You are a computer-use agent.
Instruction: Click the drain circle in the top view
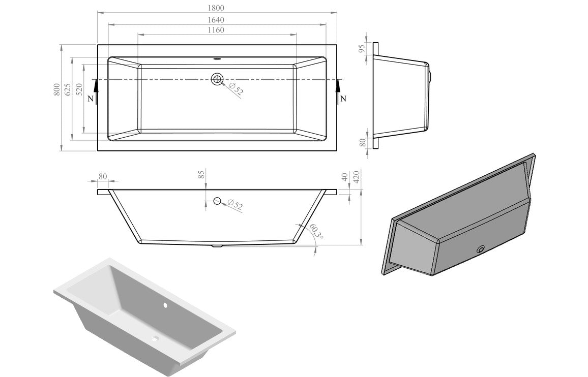[217, 79]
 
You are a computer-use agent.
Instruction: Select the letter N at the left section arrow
[91, 99]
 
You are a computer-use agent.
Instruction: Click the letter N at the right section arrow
[343, 99]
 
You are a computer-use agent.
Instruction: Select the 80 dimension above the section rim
[103, 177]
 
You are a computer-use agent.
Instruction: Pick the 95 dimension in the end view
[362, 49]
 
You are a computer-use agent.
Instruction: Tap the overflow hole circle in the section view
[217, 201]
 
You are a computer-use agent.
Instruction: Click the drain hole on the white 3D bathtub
[155, 338]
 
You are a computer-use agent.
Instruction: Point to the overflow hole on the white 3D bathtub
[165, 306]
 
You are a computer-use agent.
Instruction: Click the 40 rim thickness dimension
[344, 177]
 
